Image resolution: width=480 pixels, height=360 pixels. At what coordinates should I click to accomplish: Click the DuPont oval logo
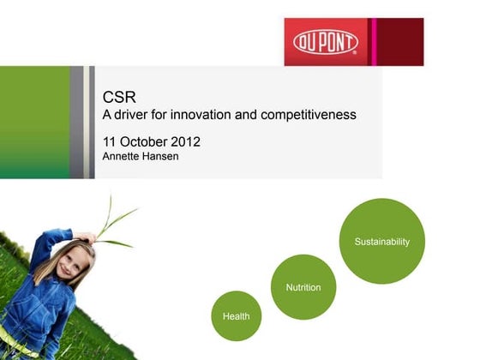pyautogui.click(x=325, y=41)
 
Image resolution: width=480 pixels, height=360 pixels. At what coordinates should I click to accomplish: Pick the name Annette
pyautogui.click(x=121, y=156)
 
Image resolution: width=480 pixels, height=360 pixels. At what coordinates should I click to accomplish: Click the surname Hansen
pyautogui.click(x=160, y=156)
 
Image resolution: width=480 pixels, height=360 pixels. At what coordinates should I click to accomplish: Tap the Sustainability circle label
pyautogui.click(x=382, y=242)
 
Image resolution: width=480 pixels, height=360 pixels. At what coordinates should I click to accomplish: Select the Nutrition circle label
pyautogui.click(x=303, y=287)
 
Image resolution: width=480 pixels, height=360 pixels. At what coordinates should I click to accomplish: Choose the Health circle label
pyautogui.click(x=236, y=316)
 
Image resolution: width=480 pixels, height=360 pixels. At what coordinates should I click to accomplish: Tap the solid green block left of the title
pyautogui.click(x=33, y=122)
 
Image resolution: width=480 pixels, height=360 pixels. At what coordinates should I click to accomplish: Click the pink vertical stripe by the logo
pyautogui.click(x=373, y=41)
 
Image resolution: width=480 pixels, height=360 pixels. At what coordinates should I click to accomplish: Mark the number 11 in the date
pyautogui.click(x=110, y=140)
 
